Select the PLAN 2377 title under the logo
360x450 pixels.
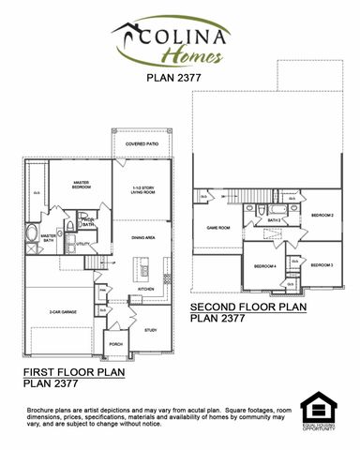coord(180,79)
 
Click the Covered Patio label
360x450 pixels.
coord(142,143)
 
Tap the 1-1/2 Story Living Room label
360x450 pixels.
coord(143,188)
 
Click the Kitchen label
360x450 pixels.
coord(146,289)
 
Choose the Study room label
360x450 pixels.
coord(150,330)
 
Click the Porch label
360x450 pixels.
coord(116,344)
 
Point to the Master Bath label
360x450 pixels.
coord(22,238)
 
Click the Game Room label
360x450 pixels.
coord(217,228)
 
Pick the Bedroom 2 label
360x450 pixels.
coord(324,216)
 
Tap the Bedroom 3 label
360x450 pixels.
coord(324,265)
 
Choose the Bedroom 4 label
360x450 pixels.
coord(265,265)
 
